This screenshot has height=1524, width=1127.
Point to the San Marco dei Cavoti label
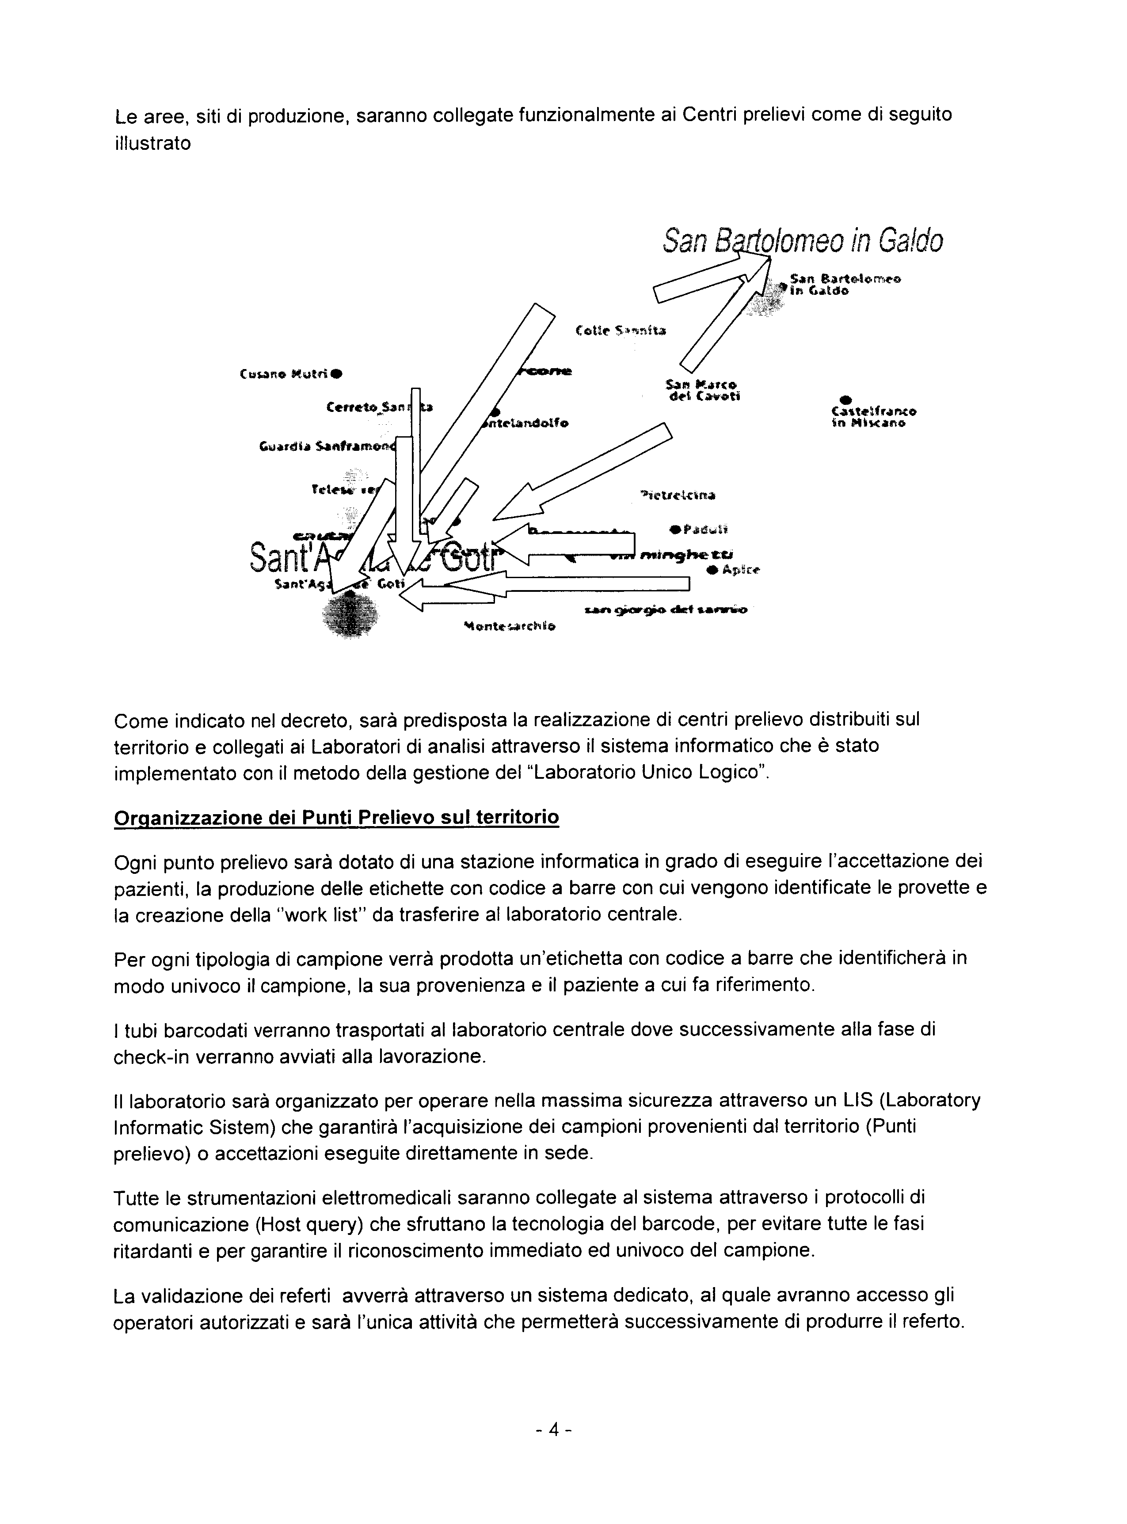tap(703, 390)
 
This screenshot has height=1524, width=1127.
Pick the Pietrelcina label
tap(678, 495)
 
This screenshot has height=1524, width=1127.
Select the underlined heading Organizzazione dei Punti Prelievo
tap(336, 817)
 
